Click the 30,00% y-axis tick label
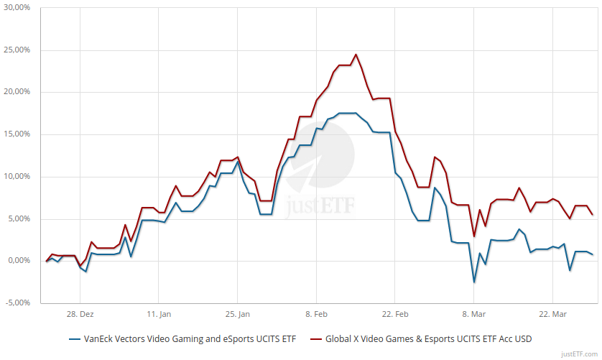coord(17,8)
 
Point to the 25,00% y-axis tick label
coord(17,50)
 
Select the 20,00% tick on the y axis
coord(17,92)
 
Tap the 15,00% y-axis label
coord(17,134)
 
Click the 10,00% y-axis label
coord(17,177)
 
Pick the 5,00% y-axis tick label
coord(19,218)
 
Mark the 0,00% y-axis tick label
coord(19,261)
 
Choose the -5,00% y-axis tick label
coord(18,303)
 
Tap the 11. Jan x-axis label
coord(158,314)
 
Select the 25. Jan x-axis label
coord(237,314)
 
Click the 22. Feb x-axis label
coord(394,314)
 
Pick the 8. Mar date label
coord(473,314)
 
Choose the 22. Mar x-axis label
coord(552,314)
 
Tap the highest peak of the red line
coord(356,55)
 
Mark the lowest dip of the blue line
coord(473,282)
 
